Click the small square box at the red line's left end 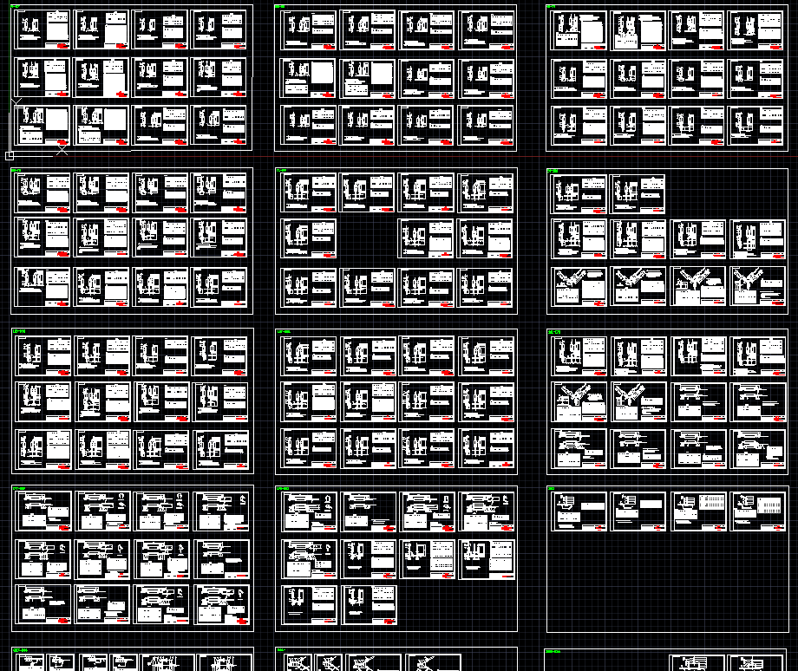(x=10, y=156)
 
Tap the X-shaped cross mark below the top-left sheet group (x=62, y=150)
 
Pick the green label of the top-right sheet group (x=552, y=8)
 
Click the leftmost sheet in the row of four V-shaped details (x=579, y=286)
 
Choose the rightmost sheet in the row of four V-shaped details (x=759, y=286)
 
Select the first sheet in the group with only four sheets (x=579, y=511)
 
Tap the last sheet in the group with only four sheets (x=759, y=511)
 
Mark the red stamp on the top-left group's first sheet (x=62, y=44)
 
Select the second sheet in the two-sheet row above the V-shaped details (x=638, y=193)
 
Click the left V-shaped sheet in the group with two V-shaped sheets (x=579, y=401)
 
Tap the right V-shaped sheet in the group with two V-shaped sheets (x=638, y=401)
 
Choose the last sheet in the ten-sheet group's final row (x=370, y=604)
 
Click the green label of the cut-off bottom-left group (x=21, y=649)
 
